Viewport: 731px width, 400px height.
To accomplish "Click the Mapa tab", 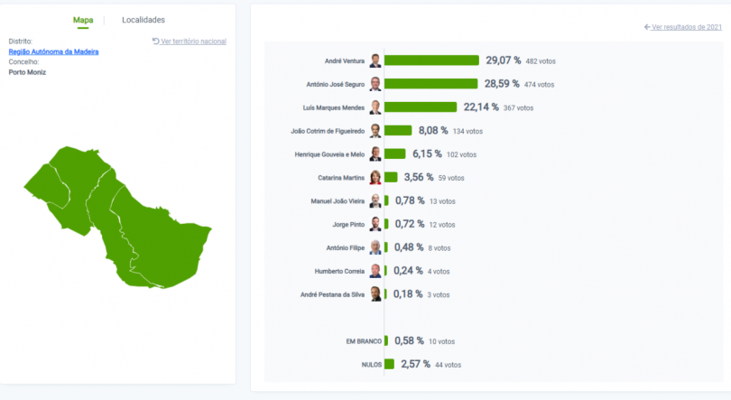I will click(x=83, y=20).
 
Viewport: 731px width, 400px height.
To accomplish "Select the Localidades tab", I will click(x=143, y=20).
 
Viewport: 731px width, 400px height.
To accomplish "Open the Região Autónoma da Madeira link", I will click(x=53, y=51).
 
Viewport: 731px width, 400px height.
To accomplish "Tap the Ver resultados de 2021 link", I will click(x=683, y=27).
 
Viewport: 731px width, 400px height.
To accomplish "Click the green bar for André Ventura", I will click(x=431, y=60).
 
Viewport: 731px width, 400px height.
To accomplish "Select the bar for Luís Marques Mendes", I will click(x=420, y=107).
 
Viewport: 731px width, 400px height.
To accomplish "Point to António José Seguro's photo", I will click(x=375, y=84).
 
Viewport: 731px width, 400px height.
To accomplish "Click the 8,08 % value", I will click(x=433, y=131).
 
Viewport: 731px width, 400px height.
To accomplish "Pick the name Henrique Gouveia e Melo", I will click(x=330, y=154).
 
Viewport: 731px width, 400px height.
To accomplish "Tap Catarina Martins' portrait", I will click(x=375, y=178).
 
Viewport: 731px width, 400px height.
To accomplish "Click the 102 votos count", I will click(x=461, y=154).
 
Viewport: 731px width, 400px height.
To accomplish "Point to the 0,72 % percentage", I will click(x=410, y=225).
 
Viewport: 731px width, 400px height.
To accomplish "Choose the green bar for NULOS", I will click(x=389, y=365).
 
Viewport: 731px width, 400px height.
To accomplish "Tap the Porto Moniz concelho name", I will click(x=27, y=72).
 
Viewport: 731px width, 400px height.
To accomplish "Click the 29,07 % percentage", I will click(x=504, y=60).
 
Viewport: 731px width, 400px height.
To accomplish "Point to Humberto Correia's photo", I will click(x=375, y=271).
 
